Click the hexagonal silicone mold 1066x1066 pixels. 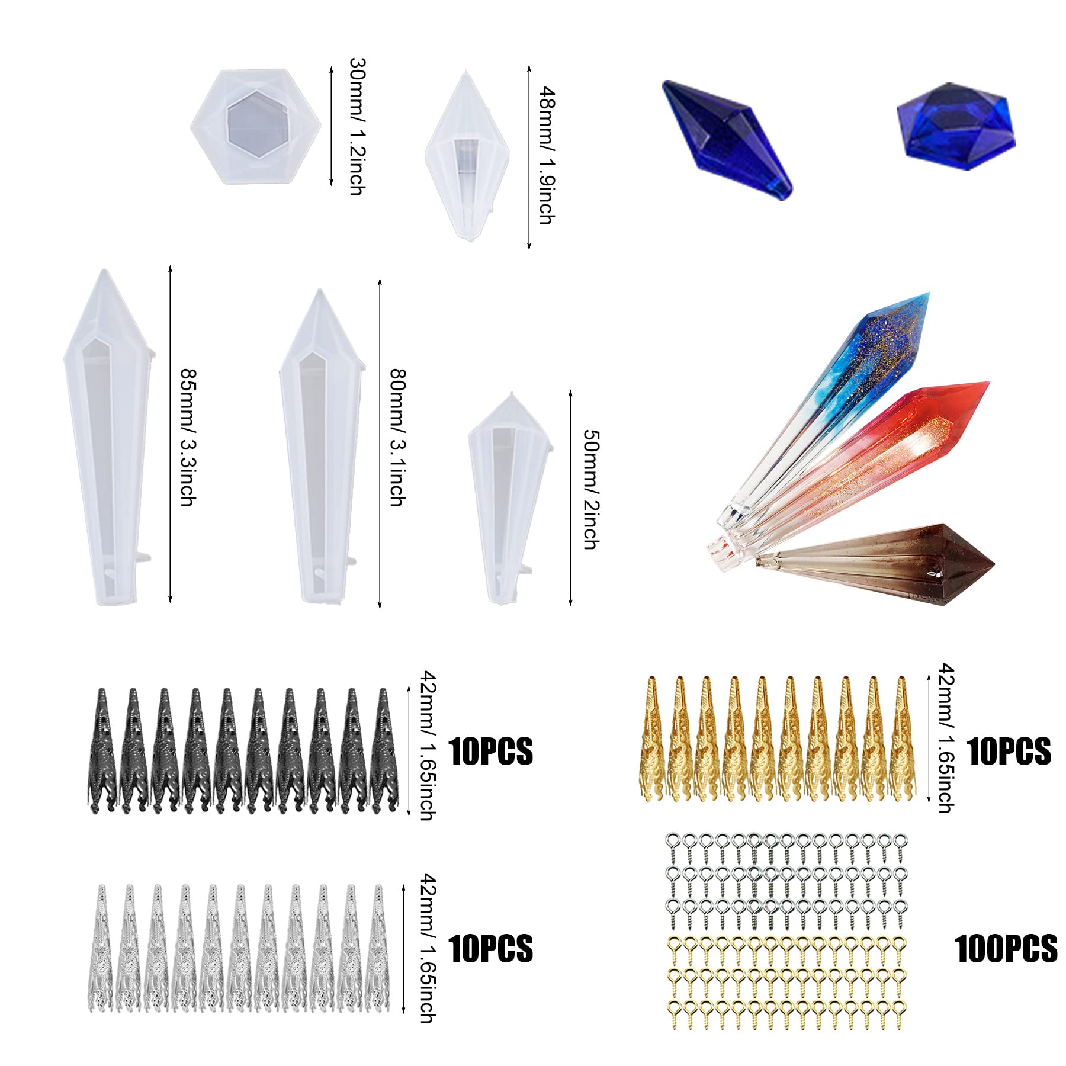[256, 127]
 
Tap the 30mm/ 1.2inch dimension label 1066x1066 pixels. [357, 126]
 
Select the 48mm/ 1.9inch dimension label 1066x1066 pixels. [547, 155]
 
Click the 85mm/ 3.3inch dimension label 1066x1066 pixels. [188, 438]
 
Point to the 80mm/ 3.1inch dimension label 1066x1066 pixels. [397, 438]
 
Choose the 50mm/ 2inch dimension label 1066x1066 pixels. [591, 489]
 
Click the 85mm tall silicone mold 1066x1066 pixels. [108, 436]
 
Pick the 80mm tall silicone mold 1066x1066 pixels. [320, 447]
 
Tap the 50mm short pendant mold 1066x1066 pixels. [510, 498]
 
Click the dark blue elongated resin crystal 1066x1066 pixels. [727, 140]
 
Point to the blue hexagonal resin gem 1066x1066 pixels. [955, 126]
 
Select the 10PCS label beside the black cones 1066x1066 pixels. [491, 752]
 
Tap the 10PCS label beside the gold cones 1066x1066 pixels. [1009, 752]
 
